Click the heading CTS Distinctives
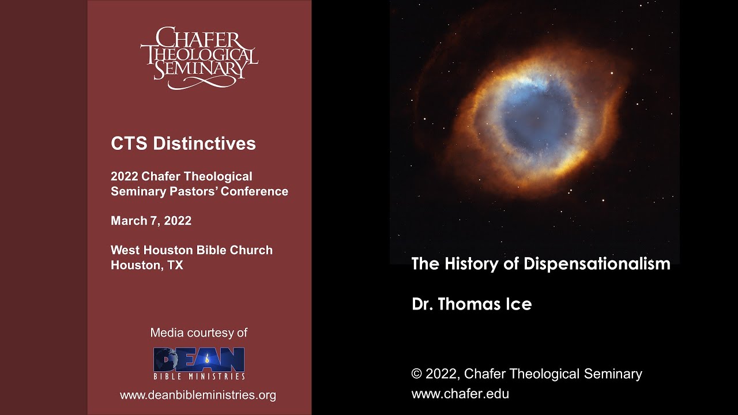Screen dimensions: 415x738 [183, 144]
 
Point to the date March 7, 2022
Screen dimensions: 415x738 [151, 221]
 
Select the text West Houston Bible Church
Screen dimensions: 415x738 [191, 251]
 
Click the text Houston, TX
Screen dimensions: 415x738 [146, 266]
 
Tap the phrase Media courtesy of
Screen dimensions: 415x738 [198, 333]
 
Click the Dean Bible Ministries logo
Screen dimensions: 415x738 [199, 364]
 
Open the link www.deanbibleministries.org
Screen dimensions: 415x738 [198, 395]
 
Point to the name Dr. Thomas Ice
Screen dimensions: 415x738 [472, 304]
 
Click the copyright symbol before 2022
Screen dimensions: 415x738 [417, 374]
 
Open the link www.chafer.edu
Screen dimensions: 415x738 [460, 394]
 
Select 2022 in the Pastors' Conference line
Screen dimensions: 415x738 [125, 176]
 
